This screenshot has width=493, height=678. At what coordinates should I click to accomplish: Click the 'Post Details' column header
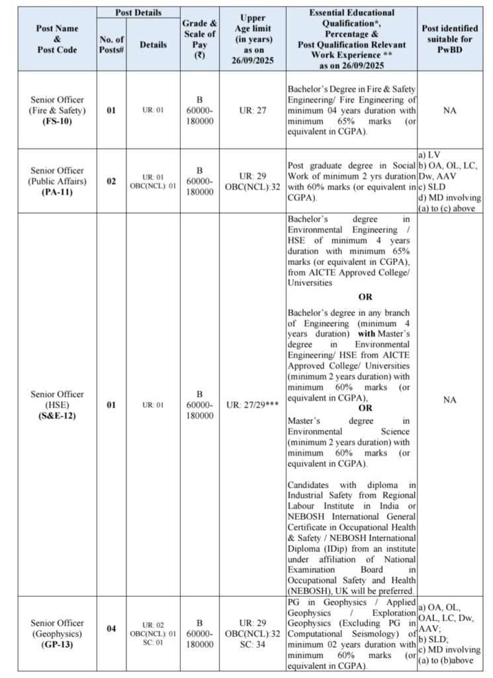139,13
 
